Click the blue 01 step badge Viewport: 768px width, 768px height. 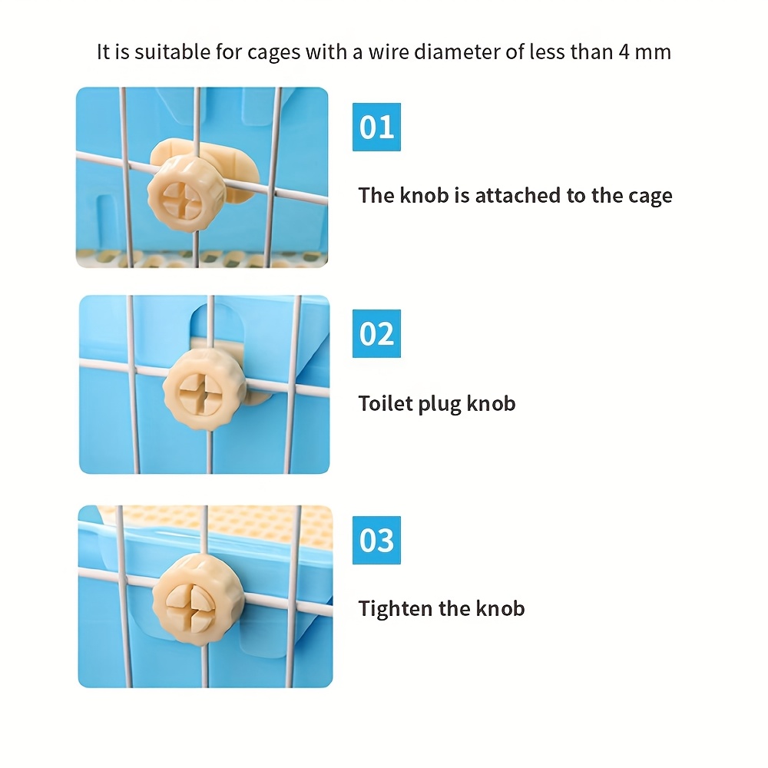click(x=376, y=127)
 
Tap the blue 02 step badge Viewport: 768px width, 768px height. click(x=376, y=333)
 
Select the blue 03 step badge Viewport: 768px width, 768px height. click(x=376, y=540)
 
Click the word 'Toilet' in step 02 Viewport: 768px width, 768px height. click(x=386, y=403)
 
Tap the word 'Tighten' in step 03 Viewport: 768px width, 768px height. click(x=396, y=610)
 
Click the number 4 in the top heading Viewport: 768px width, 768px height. click(x=624, y=52)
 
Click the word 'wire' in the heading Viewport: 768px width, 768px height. click(x=389, y=52)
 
